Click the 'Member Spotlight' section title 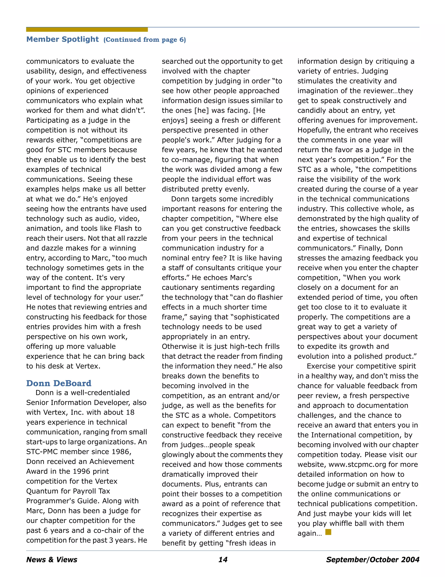click(63, 39)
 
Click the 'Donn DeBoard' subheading click(59, 383)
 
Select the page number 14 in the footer click(223, 560)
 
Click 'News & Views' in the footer click(52, 560)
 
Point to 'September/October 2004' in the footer click(372, 560)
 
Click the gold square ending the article click(328, 532)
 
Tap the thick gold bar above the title click(87, 29)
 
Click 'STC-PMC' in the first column click(43, 452)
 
